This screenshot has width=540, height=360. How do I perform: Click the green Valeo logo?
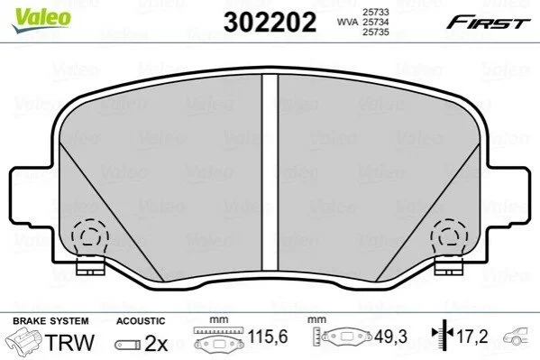pyautogui.click(x=41, y=20)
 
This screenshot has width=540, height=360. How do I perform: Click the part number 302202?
pyautogui.click(x=270, y=22)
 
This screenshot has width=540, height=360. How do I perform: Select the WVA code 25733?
pyautogui.click(x=375, y=12)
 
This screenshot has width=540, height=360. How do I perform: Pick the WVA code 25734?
pyautogui.click(x=375, y=22)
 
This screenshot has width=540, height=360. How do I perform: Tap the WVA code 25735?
pyautogui.click(x=375, y=32)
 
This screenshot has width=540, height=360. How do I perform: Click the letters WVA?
pyautogui.click(x=347, y=22)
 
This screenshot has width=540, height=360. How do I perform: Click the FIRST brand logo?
pyautogui.click(x=489, y=23)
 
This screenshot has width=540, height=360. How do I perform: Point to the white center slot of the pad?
pyautogui.click(x=270, y=172)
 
